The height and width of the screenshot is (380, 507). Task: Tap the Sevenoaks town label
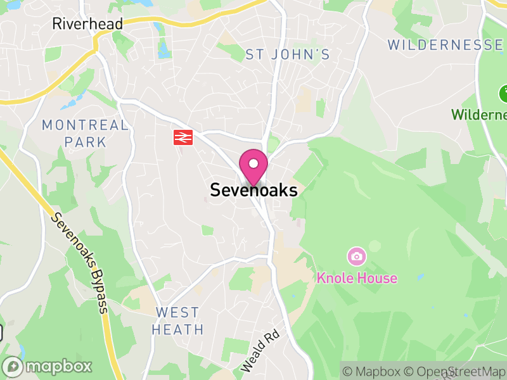coord(253,190)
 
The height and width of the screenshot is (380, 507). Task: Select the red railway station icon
coord(183,137)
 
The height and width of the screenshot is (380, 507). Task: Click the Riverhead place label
coord(87,24)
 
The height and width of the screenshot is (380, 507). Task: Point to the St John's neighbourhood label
coord(288,55)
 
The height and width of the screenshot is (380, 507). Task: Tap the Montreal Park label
coord(85,133)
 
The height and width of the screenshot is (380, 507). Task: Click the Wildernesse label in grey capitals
coord(446,45)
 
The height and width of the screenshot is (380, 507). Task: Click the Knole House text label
coord(357,278)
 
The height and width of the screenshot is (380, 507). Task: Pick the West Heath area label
coord(178,321)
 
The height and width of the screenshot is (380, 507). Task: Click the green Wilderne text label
coord(478,115)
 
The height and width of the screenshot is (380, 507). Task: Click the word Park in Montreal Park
coord(85,142)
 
